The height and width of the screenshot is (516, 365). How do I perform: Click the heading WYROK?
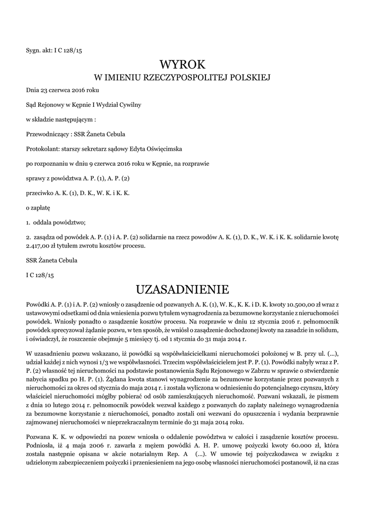pos(182,64)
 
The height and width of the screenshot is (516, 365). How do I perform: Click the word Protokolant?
pos(42,149)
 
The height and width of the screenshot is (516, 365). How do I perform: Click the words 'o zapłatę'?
pos(38,207)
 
